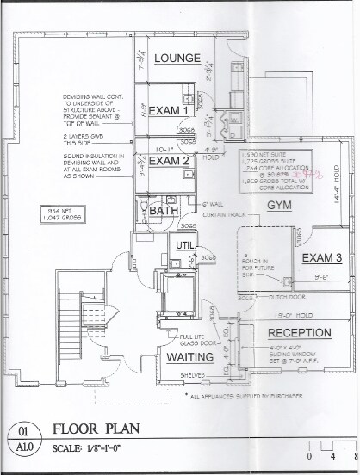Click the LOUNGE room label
(x=178, y=59)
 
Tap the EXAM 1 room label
(x=169, y=111)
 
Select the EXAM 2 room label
(x=168, y=160)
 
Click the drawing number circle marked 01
(x=22, y=425)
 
